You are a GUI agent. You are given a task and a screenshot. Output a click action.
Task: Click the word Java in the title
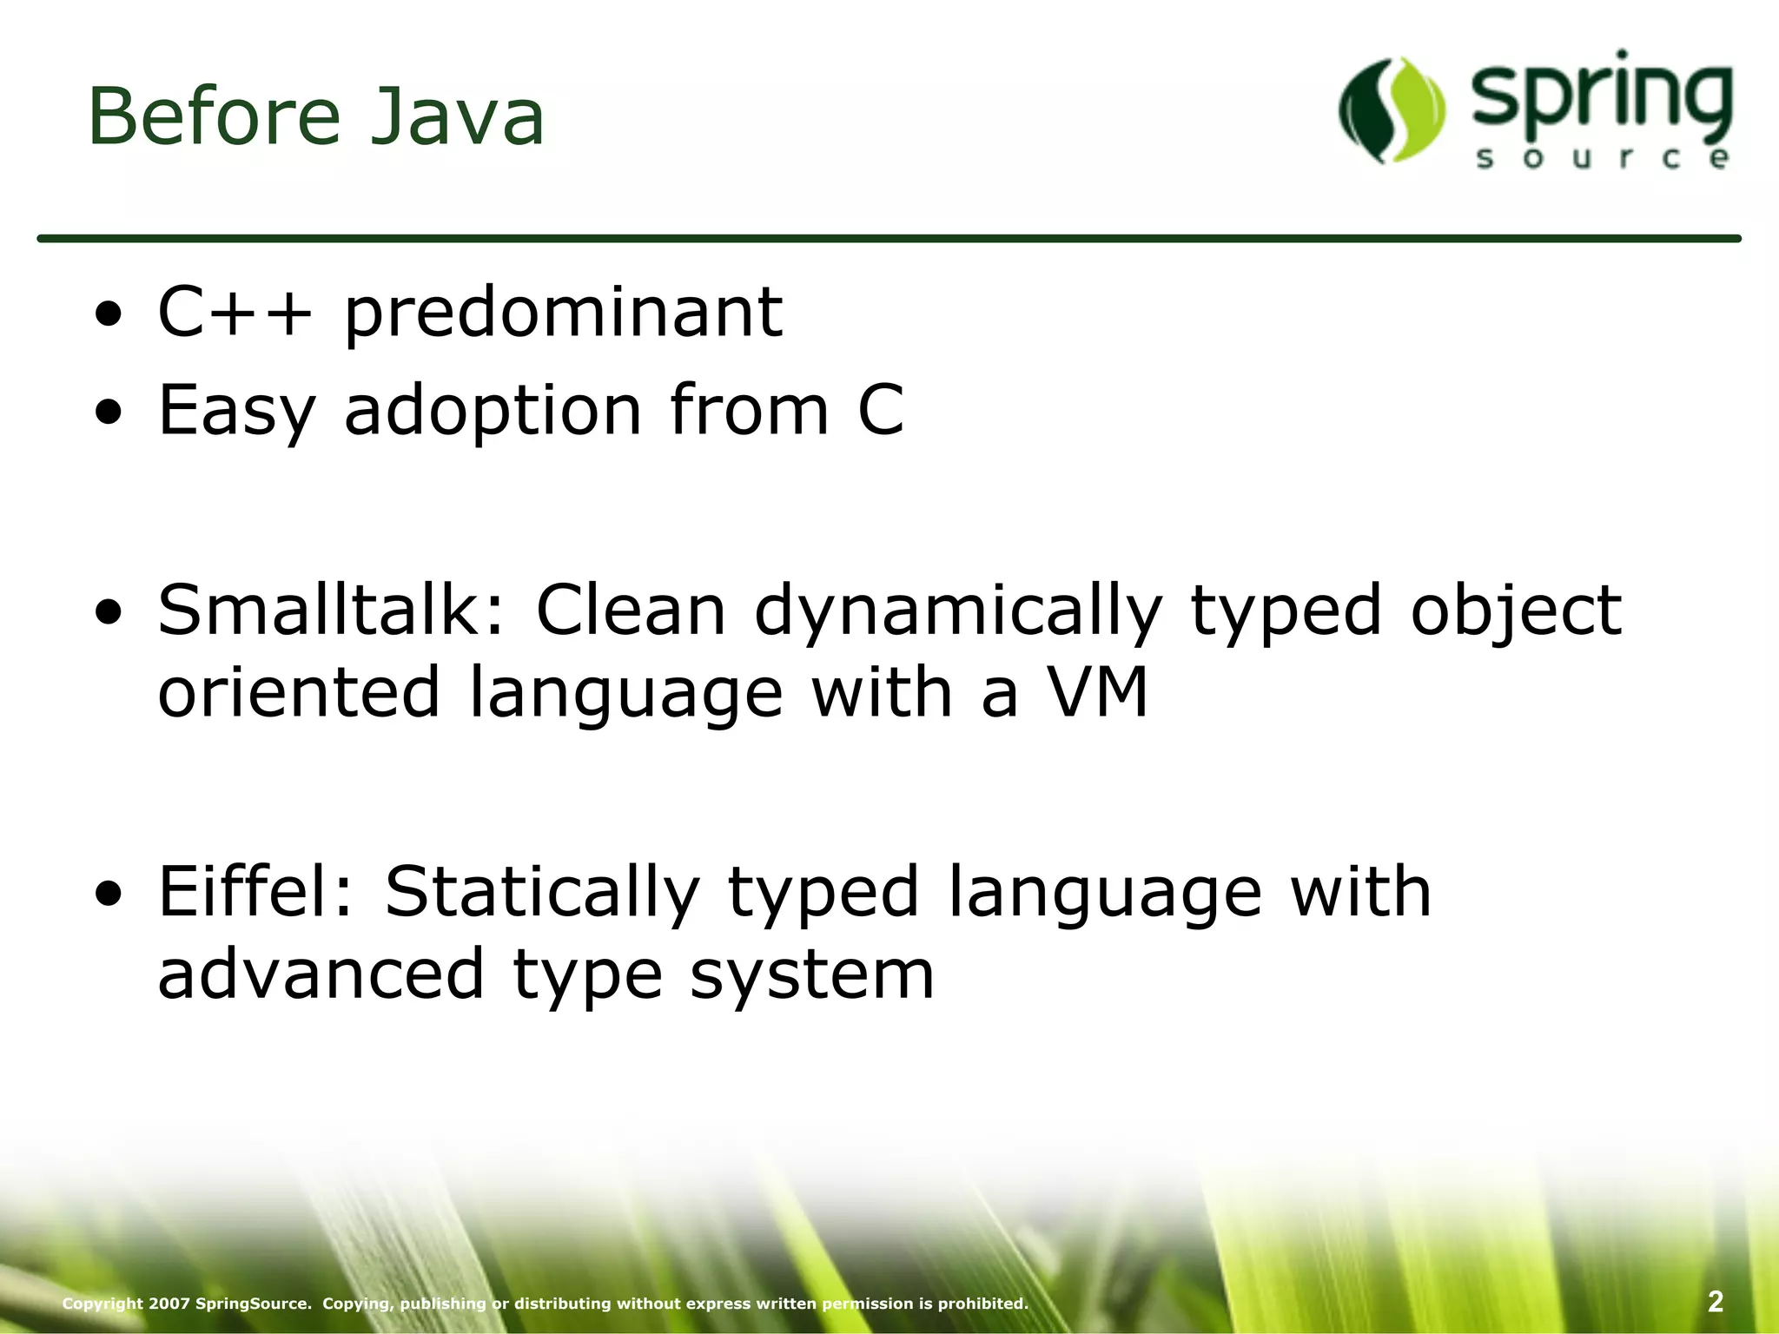tap(458, 117)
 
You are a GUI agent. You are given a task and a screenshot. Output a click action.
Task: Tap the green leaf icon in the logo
tap(1392, 110)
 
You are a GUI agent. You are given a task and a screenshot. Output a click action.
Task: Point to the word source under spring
tap(1601, 159)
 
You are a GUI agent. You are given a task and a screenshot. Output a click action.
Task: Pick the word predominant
tap(564, 314)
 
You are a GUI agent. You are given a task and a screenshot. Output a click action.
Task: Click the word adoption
tap(493, 412)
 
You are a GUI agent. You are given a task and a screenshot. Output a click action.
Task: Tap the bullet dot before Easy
tap(109, 414)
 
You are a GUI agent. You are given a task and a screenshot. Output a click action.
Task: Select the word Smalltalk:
tap(331, 610)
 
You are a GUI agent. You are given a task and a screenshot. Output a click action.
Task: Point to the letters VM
tap(1097, 692)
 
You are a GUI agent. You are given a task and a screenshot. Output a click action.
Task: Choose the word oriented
tap(299, 692)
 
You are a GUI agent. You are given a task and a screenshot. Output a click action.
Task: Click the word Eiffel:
tap(256, 891)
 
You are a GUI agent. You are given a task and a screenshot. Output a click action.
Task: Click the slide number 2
tap(1715, 1301)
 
